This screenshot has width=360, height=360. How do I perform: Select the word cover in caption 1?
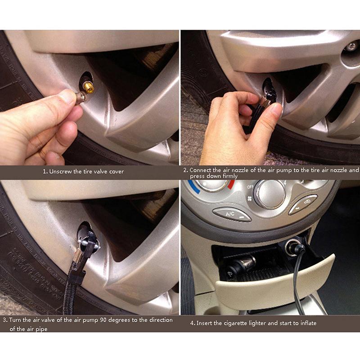point(116,171)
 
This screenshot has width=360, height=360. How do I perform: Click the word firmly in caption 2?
point(230,176)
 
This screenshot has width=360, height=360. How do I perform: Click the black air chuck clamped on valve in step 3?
point(90,243)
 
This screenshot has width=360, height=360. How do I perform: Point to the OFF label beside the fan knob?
point(248,186)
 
